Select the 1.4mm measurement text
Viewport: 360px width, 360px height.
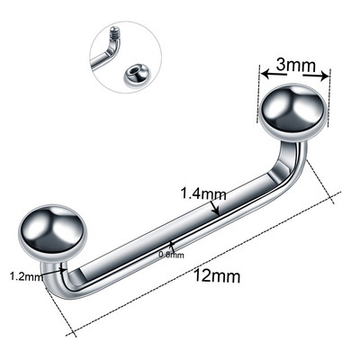(x=202, y=193)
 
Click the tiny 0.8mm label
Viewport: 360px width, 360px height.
(x=170, y=255)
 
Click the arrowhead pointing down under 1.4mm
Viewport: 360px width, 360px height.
(x=214, y=210)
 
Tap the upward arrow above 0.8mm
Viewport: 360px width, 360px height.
(x=171, y=244)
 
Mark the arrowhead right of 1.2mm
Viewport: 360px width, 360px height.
(x=45, y=277)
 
